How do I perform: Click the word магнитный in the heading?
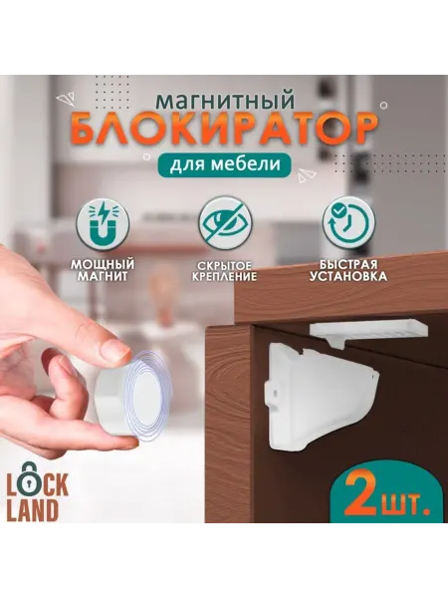click(226, 100)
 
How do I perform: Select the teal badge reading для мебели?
click(225, 164)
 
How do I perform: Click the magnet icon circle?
click(103, 223)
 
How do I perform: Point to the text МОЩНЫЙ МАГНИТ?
click(103, 270)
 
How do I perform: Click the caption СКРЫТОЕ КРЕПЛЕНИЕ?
click(225, 271)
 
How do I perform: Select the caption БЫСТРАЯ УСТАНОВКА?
click(348, 270)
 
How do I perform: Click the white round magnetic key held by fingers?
click(129, 396)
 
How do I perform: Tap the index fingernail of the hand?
click(117, 350)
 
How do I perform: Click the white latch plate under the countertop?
click(368, 330)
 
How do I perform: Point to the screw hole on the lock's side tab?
click(274, 392)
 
